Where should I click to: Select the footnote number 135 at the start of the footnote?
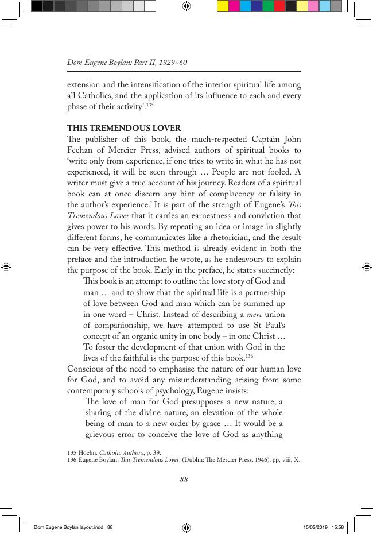point(72,452)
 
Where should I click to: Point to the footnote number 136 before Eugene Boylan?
point(72,459)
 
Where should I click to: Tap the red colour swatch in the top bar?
point(279,6)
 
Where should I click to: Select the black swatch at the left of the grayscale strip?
point(37,6)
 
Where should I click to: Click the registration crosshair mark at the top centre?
point(186,6)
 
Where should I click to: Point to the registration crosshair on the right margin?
point(366,266)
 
